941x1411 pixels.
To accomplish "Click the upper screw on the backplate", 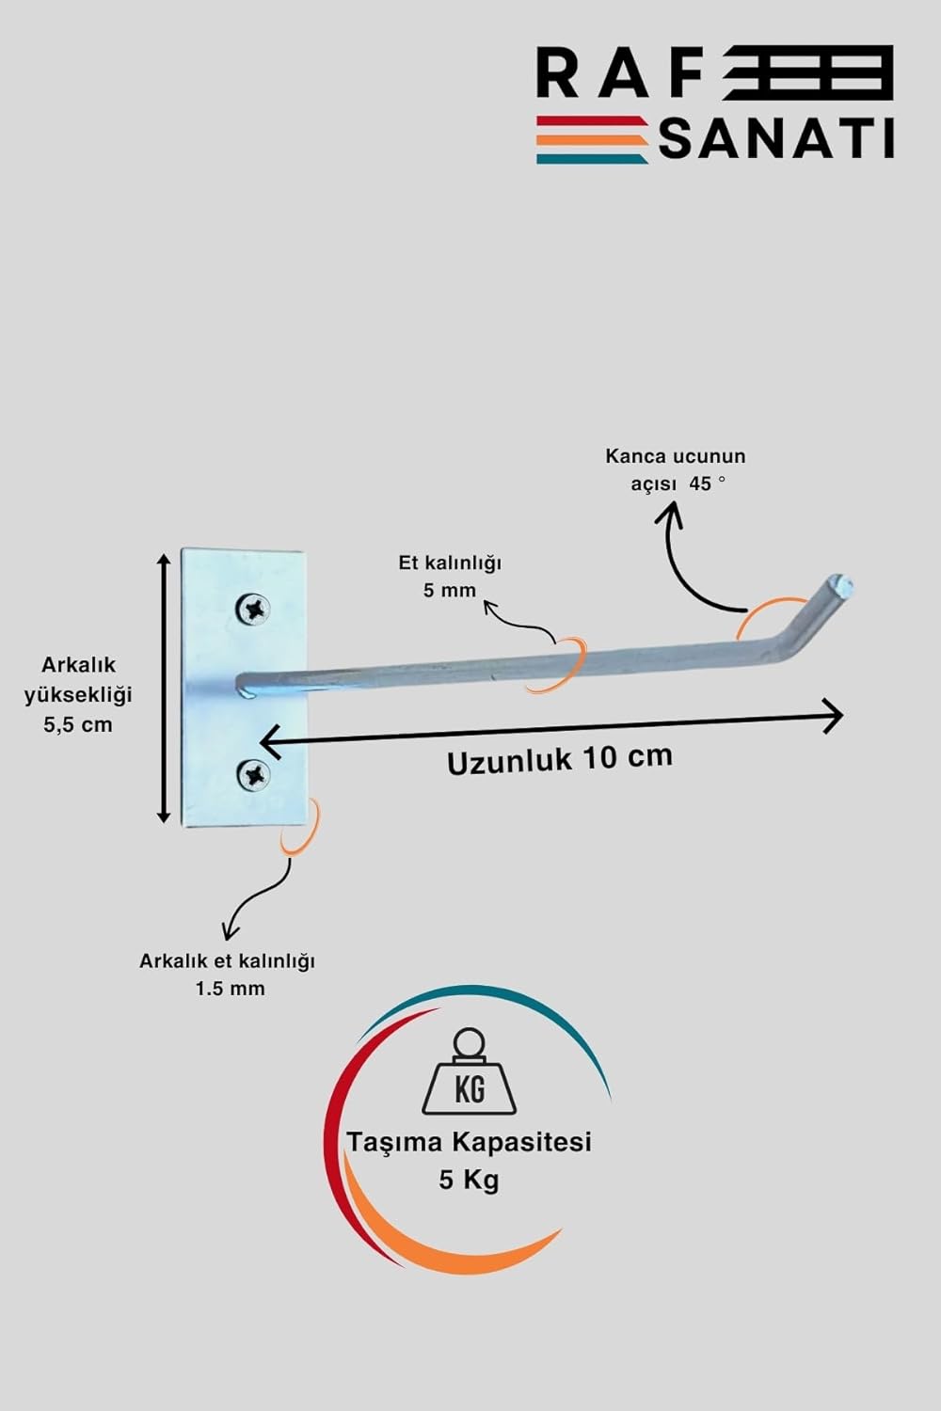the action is tap(253, 610).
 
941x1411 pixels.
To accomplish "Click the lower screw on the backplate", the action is tap(253, 775).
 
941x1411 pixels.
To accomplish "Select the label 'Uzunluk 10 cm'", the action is tap(560, 758).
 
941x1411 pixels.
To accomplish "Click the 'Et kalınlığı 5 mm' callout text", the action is tap(450, 577).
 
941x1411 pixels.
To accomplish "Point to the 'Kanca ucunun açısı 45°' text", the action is tap(676, 470).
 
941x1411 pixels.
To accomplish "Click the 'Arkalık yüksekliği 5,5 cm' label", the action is tap(78, 695).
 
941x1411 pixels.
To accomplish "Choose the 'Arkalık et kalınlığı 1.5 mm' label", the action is tap(228, 975).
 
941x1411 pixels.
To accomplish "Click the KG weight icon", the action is tap(469, 1082).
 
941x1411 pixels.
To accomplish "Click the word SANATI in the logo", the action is tap(776, 139).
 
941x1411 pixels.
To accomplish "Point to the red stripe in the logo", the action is tap(591, 120).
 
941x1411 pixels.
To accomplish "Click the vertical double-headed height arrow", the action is tap(163, 688).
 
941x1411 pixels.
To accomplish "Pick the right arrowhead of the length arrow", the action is tap(833, 716).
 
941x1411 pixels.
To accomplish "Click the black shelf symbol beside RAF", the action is tap(807, 73).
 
